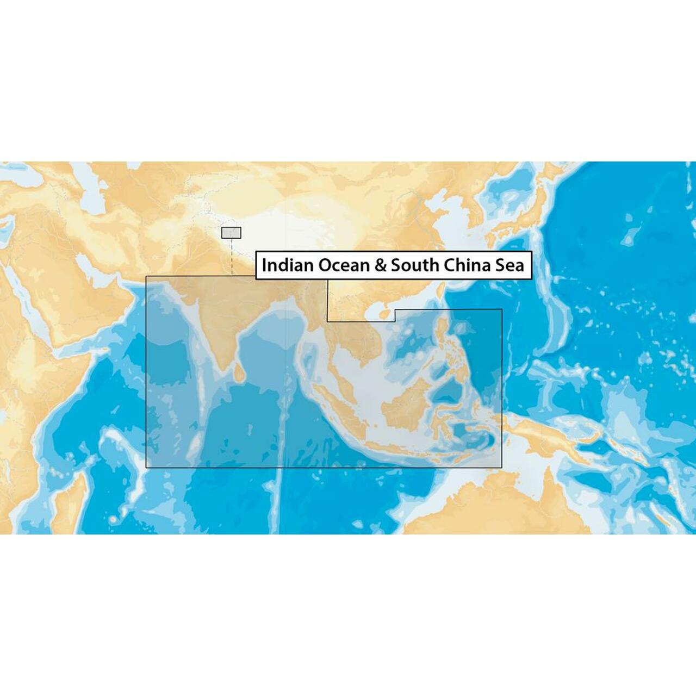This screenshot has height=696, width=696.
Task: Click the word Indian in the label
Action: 288,265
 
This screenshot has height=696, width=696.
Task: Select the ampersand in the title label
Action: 379,265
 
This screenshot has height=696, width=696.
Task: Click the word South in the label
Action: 414,265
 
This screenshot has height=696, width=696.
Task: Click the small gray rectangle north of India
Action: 231,233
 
